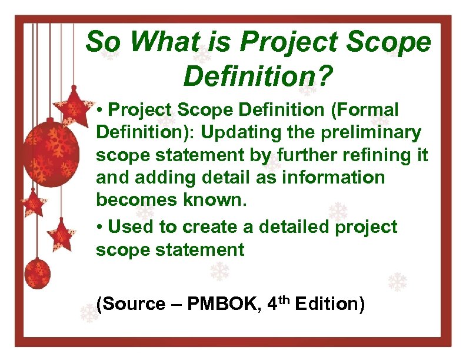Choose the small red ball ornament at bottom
coord(36,272)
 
